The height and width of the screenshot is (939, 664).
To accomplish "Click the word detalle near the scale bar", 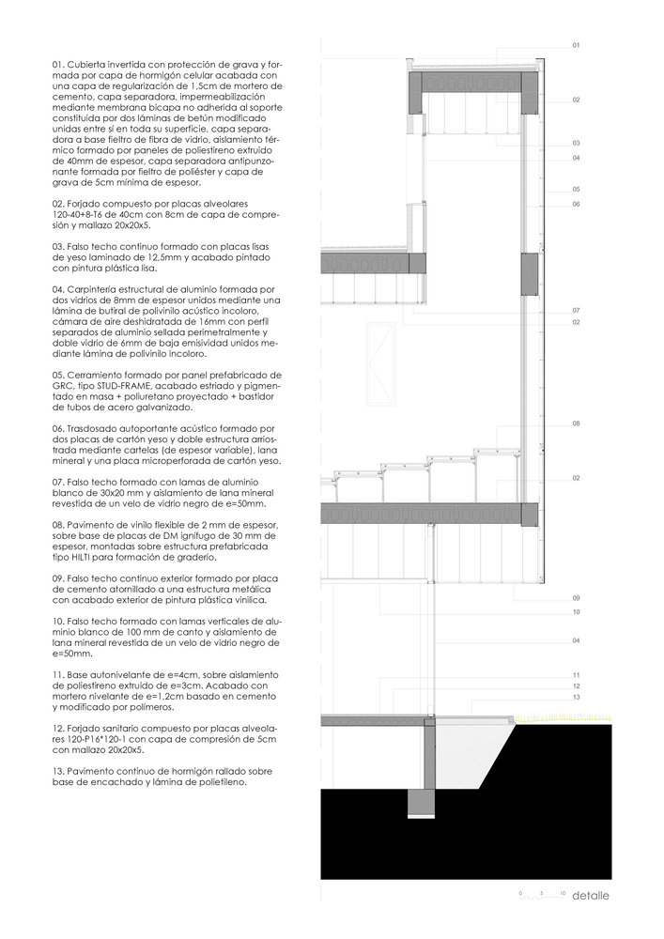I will tap(591, 895).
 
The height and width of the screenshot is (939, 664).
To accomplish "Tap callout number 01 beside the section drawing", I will tap(577, 45).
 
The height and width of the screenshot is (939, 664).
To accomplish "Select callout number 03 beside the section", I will tap(577, 143).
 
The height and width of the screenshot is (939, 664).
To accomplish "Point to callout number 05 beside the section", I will tap(577, 189).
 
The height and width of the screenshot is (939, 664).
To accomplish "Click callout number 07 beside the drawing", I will tap(577, 310).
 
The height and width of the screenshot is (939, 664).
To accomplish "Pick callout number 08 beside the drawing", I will tap(577, 424).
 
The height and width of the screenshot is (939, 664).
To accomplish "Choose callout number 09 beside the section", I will tap(577, 597).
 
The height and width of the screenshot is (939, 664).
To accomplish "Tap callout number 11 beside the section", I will tap(577, 675).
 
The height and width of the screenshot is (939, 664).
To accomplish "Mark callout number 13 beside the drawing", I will tap(577, 698).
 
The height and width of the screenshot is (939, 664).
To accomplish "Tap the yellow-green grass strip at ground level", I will tap(563, 718).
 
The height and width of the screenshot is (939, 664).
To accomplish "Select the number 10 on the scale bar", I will tap(562, 888).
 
